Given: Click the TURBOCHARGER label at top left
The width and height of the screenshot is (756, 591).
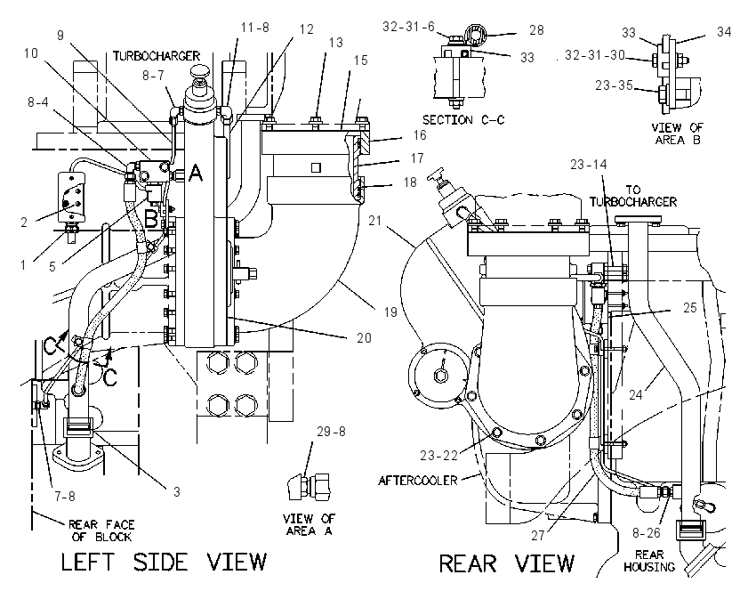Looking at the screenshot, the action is click(x=157, y=56).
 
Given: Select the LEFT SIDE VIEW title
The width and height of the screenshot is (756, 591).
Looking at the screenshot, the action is click(x=164, y=562).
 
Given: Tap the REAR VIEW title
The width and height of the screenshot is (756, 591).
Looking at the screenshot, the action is click(x=507, y=563).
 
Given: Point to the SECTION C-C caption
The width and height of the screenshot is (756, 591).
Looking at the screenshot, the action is click(x=463, y=119).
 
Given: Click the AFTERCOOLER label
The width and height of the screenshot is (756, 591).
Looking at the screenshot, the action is click(x=417, y=481).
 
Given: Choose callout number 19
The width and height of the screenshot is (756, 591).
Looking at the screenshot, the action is click(x=390, y=312).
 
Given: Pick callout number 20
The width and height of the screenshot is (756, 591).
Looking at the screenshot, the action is click(x=364, y=337).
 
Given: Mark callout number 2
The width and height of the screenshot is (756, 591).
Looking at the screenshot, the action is click(x=24, y=223).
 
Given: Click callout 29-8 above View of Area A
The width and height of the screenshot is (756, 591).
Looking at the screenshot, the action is click(x=331, y=432).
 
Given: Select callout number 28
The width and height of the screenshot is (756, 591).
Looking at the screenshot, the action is click(x=536, y=30).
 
